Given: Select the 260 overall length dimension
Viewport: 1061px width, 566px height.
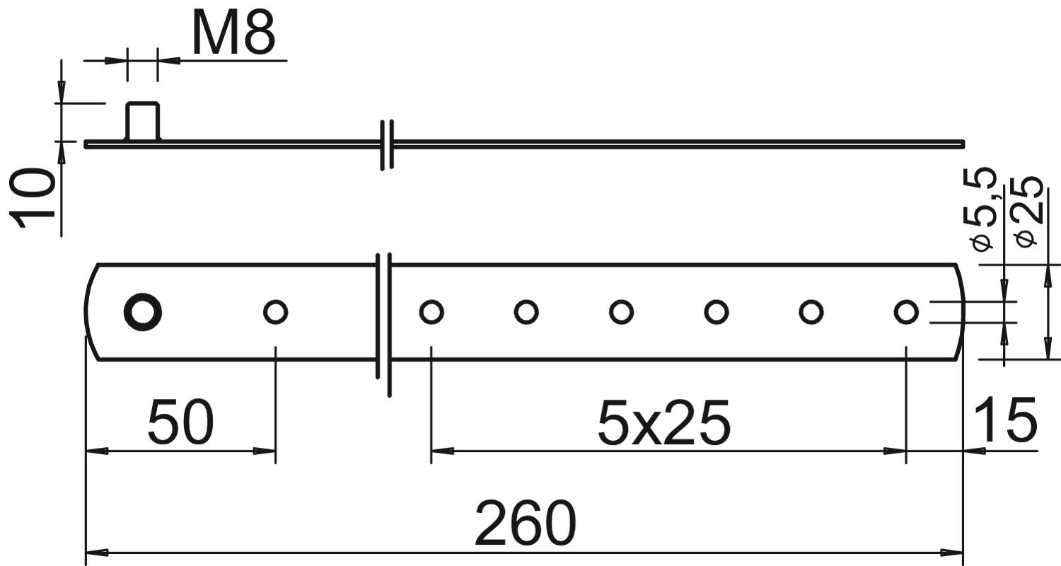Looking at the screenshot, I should [x=525, y=524].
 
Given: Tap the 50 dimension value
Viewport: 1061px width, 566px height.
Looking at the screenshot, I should [x=180, y=422].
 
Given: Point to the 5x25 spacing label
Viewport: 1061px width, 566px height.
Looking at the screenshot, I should [x=663, y=423].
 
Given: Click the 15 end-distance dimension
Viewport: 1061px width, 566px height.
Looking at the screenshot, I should [x=1004, y=420].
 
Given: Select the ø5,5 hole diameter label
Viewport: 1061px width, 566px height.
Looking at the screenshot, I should [x=985, y=209].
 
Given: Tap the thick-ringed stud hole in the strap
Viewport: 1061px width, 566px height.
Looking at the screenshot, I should [x=143, y=311].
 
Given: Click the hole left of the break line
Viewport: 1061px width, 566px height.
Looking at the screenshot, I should [x=275, y=311].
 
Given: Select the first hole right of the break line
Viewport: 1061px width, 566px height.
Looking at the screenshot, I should [x=431, y=311].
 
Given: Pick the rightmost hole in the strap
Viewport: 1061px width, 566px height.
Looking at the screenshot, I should [x=905, y=311].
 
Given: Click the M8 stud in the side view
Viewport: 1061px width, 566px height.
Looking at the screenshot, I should [x=143, y=121].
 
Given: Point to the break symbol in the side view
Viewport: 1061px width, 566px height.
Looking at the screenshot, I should [x=386, y=144].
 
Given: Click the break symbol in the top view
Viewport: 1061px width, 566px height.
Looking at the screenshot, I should [x=383, y=323].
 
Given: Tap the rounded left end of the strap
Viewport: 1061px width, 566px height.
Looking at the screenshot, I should [x=90, y=312].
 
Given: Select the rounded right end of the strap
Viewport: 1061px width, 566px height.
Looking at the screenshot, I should [x=959, y=312].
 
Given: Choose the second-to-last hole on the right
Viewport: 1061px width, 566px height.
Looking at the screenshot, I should [x=811, y=311].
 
